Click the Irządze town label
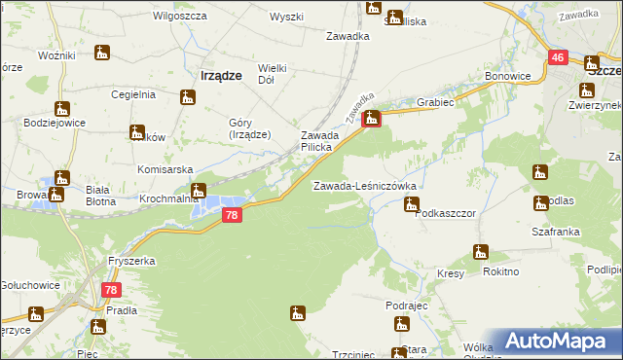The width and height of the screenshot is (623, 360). tap(220, 74)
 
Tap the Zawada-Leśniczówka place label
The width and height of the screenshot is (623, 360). tap(364, 185)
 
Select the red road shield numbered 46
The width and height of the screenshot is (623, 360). tap(558, 58)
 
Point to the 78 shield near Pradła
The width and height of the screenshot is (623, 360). tap(111, 289)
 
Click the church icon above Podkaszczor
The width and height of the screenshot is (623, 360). tap(411, 203)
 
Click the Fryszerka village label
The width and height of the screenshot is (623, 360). tap(132, 262)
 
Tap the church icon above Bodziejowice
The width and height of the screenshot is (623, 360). tap(62, 108)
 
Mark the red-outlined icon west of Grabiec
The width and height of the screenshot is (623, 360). tap(371, 120)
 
